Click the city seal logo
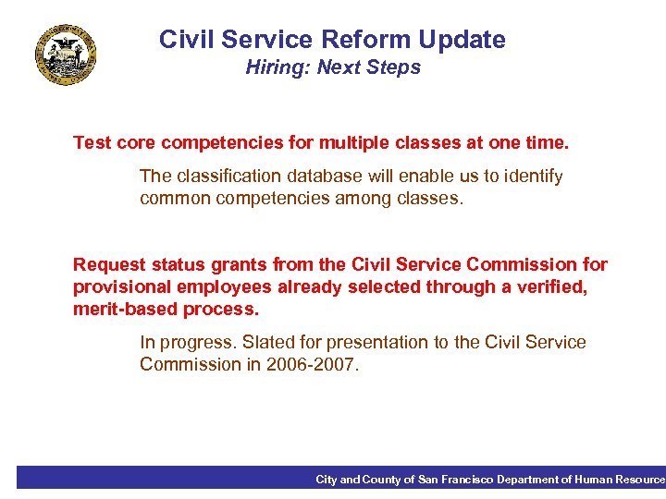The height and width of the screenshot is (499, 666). [x=66, y=55]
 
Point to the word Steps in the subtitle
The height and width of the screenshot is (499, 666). [x=393, y=67]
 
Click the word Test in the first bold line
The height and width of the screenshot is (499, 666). [x=92, y=143]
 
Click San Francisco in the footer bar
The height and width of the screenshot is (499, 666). [x=456, y=480]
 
